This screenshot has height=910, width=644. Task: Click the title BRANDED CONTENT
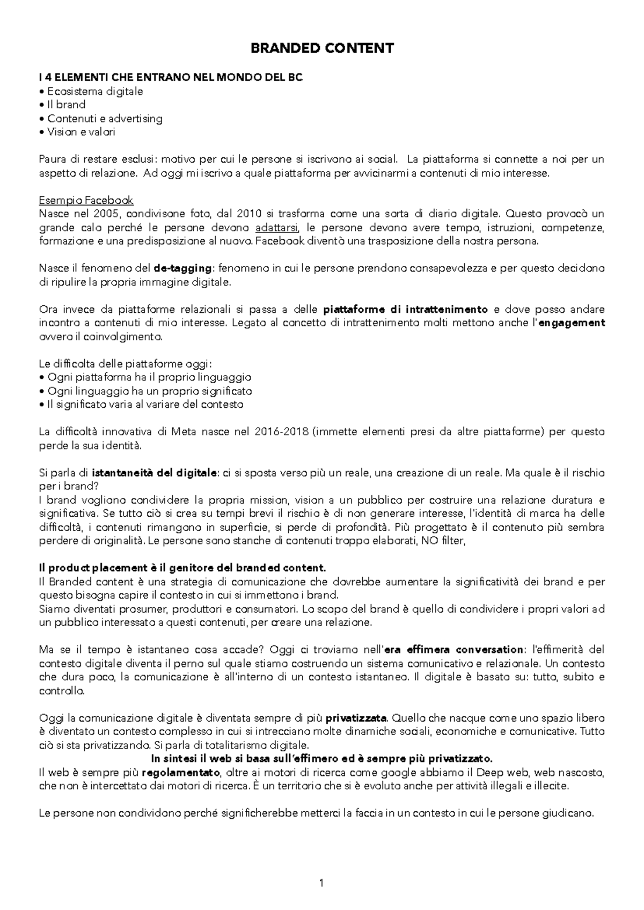pos(322,48)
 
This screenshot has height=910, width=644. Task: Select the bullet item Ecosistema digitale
pos(95,91)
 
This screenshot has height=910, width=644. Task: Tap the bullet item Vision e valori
pos(81,132)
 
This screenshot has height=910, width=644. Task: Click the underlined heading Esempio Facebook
pos(86,200)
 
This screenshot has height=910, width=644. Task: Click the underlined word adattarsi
pos(277,227)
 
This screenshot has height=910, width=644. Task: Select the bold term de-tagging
pos(183,268)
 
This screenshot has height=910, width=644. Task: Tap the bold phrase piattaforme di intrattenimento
pos(406,310)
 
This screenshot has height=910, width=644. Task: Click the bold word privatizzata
pos(356,718)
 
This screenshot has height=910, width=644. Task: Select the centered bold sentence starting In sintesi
pos(321,759)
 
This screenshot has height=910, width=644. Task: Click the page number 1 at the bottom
pos(321,882)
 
